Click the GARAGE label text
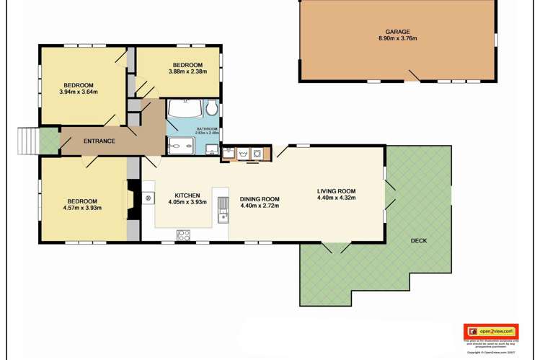pyautogui.click(x=397, y=32)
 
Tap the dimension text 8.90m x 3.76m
pyautogui.click(x=397, y=39)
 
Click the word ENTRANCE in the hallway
pyautogui.click(x=99, y=141)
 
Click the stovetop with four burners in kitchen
pyautogui.click(x=183, y=234)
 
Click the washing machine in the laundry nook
pyautogui.click(x=257, y=153)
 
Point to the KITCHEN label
pyautogui.click(x=187, y=195)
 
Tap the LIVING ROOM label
pyautogui.click(x=336, y=191)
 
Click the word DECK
pyautogui.click(x=419, y=241)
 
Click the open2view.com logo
pyautogui.click(x=490, y=331)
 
